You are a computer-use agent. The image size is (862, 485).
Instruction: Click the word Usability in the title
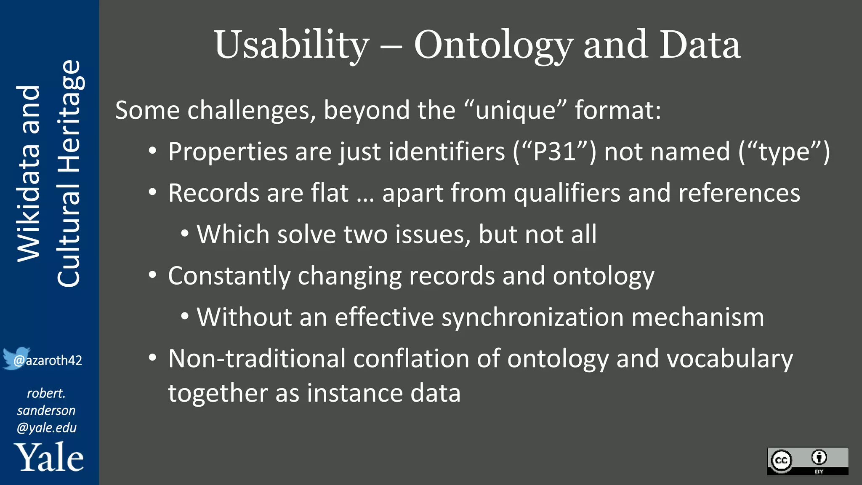click(292, 45)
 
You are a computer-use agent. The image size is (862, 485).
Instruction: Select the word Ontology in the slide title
click(493, 45)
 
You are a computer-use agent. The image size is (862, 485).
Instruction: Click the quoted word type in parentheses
click(784, 152)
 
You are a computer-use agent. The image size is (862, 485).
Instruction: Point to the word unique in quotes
click(515, 110)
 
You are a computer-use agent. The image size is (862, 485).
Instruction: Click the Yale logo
click(49, 458)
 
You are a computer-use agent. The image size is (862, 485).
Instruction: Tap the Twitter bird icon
click(15, 358)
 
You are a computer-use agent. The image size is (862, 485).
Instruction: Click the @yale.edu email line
click(46, 428)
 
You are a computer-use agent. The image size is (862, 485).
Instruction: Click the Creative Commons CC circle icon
click(782, 460)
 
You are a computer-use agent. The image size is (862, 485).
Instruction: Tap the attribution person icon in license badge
click(819, 457)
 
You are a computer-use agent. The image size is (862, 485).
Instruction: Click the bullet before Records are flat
click(152, 193)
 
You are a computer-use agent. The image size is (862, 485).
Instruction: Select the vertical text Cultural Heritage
click(69, 173)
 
